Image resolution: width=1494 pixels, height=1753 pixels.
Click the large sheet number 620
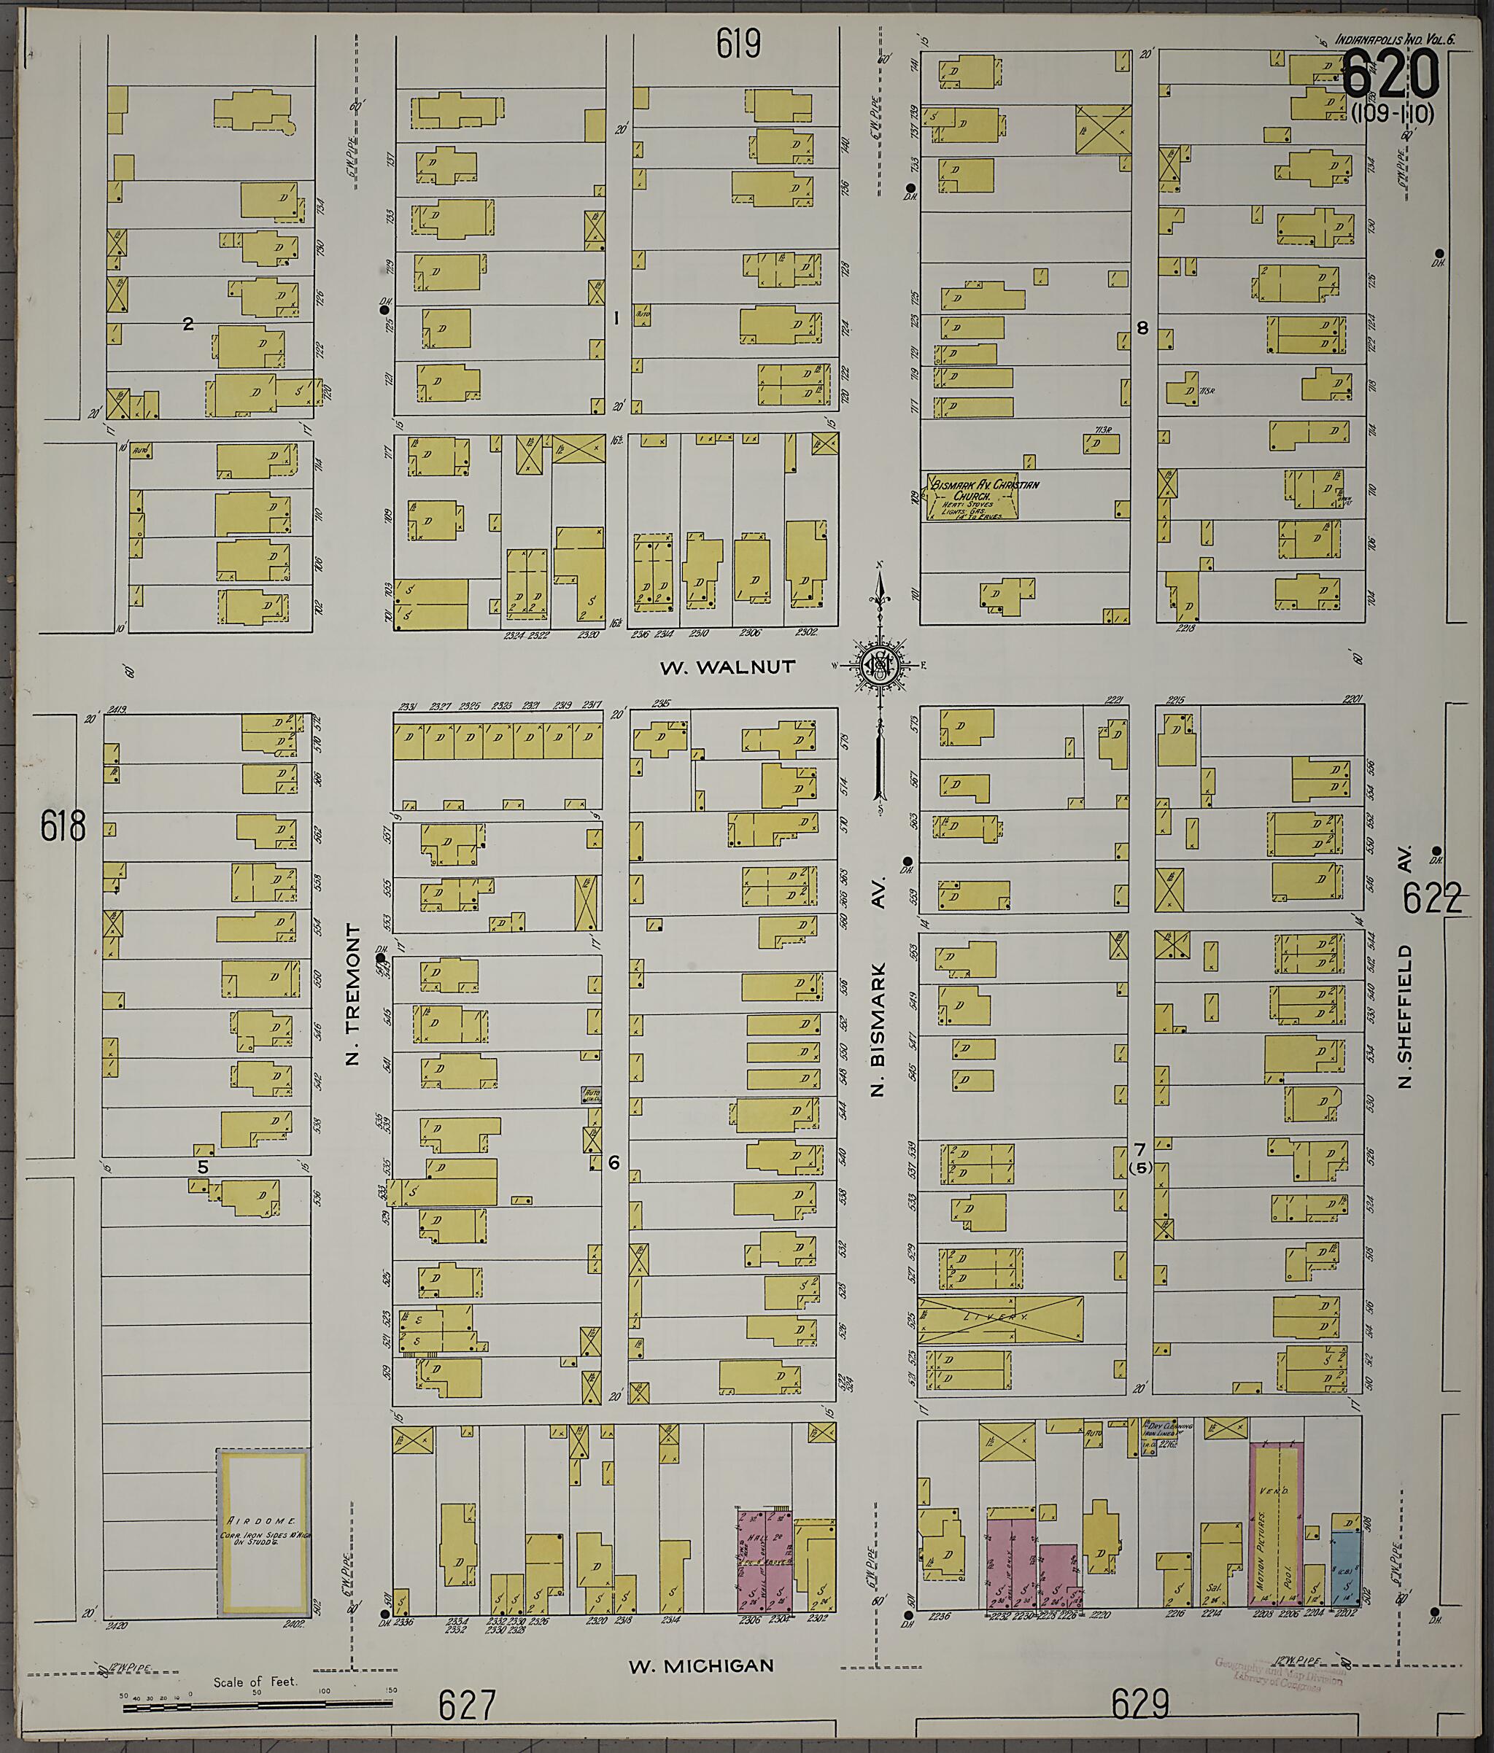pyautogui.click(x=1390, y=74)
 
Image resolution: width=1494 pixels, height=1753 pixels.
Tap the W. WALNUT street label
pyautogui.click(x=727, y=667)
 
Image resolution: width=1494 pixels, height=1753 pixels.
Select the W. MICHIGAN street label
pyautogui.click(x=701, y=1665)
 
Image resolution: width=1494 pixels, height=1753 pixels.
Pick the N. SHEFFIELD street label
pyautogui.click(x=1406, y=1016)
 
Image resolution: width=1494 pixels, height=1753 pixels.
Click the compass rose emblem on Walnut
pyautogui.click(x=880, y=666)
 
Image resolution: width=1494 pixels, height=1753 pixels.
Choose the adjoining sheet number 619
pyautogui.click(x=738, y=44)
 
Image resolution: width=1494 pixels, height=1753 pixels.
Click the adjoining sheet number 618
pyautogui.click(x=63, y=827)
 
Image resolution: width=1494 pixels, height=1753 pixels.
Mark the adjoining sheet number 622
pyautogui.click(x=1432, y=898)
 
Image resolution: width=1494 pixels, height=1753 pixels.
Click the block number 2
pyautogui.click(x=189, y=323)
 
